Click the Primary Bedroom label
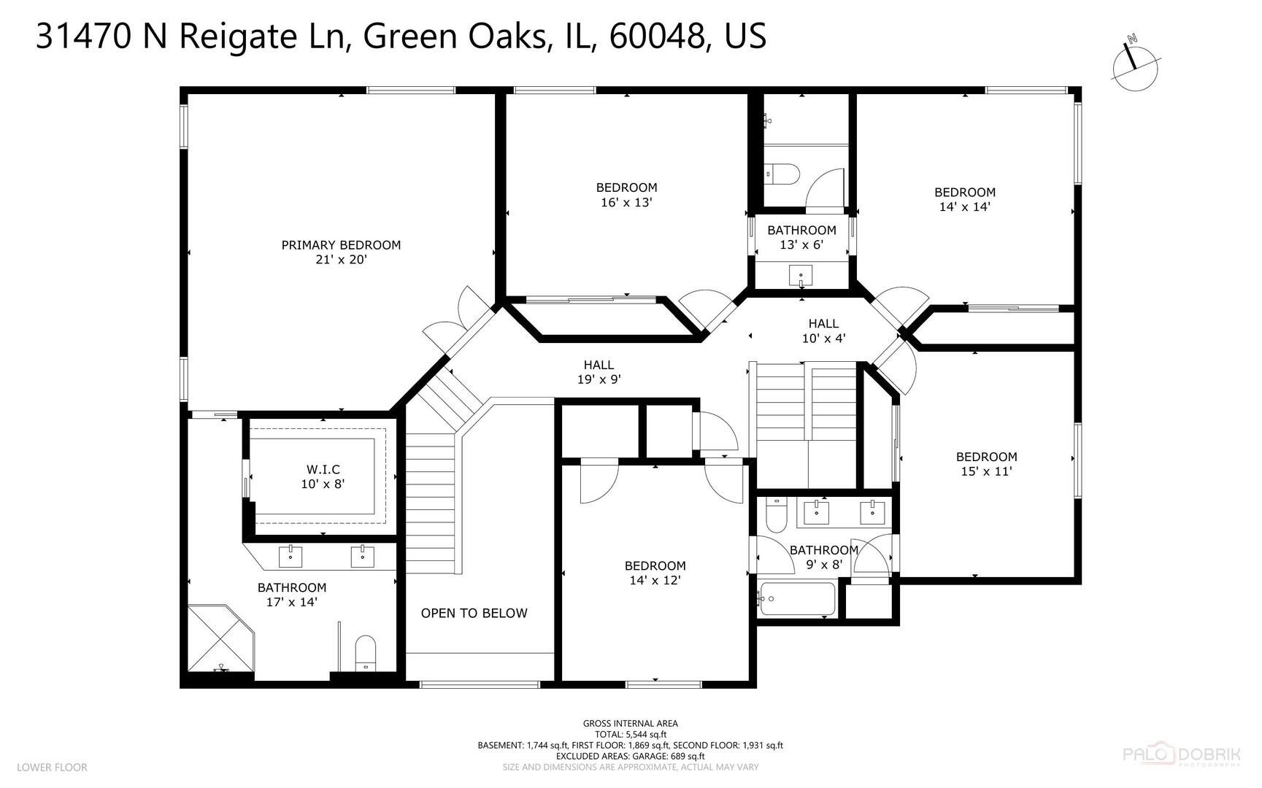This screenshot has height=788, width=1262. [341, 245]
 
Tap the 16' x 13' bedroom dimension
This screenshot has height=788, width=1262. [626, 203]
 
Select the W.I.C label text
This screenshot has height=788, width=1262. [322, 470]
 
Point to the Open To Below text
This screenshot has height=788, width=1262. [474, 614]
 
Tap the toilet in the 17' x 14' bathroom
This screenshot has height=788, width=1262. [364, 652]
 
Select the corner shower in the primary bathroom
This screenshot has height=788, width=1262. [219, 638]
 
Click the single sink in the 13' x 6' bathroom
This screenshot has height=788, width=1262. [801, 276]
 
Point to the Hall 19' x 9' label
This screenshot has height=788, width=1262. [599, 372]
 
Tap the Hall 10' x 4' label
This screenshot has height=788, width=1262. [823, 331]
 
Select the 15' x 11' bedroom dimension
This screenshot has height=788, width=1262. [986, 472]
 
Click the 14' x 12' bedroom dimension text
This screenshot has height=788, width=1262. [655, 581]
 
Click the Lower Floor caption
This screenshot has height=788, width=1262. [52, 768]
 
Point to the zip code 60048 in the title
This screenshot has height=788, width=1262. [657, 36]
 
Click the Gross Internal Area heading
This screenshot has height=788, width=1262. [630, 724]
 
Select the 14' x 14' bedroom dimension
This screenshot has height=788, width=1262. [964, 207]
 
